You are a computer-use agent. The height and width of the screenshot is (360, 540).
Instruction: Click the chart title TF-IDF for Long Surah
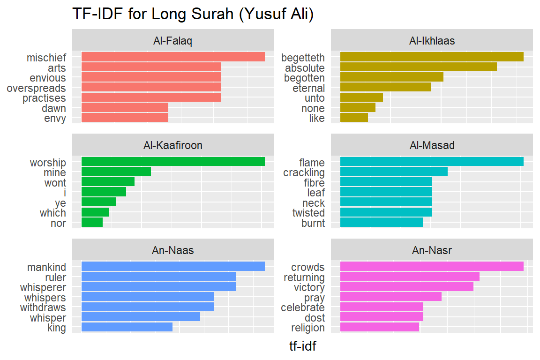pos(193,14)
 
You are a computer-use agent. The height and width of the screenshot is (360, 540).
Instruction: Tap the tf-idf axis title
pos(302,346)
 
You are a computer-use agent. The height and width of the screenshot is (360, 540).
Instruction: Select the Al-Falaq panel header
pos(172,41)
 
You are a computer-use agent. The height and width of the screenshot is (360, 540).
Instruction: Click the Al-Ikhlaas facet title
pos(432,41)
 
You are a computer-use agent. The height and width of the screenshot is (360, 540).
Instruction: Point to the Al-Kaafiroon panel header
pos(172,145)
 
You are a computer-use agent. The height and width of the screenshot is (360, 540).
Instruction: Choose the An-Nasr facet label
pos(432,250)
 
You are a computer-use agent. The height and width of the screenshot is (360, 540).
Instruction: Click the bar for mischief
pos(173,57)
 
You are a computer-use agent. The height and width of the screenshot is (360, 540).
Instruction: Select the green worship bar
pos(173,162)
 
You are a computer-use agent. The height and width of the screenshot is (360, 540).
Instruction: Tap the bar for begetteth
pos(431,57)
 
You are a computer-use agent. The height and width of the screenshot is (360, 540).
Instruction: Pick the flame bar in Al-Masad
pos(431,162)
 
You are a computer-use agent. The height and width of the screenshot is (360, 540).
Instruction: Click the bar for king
pos(127,327)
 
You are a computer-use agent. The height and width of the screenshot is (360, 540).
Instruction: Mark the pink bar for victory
pos(406,287)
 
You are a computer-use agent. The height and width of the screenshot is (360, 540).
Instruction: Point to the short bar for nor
pos(92,223)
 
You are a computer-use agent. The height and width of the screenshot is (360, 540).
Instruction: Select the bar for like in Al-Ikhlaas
pos(354,118)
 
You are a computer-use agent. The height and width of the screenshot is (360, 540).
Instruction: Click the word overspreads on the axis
pos(36,88)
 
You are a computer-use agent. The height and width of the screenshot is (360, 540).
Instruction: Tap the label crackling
pos(304,172)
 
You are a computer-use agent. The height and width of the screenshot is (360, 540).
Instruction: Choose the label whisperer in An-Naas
pos(43,287)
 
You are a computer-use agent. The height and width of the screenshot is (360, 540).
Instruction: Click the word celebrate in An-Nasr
pos(302,307)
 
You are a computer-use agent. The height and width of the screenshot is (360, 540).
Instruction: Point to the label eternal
pos(308,88)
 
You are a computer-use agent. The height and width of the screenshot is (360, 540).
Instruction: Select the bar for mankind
pos(173,267)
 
